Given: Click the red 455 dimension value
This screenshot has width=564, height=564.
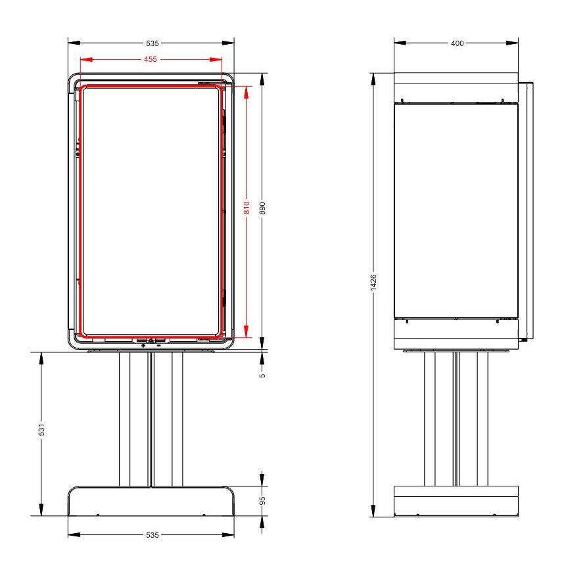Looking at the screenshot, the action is [x=151, y=59].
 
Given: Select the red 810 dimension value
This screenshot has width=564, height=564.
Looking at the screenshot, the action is [x=247, y=208].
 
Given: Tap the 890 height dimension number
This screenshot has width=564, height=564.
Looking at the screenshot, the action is [x=262, y=208].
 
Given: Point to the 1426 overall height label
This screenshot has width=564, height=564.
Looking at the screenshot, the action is [x=373, y=283].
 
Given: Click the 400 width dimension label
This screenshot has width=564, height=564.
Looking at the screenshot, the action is [x=457, y=43].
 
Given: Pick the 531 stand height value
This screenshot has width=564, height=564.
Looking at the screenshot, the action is [x=41, y=429].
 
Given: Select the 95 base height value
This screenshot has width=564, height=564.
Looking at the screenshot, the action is [x=262, y=500].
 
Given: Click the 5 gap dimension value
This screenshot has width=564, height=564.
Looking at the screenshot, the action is [x=262, y=375].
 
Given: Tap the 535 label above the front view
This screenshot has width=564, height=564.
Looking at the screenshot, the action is [x=152, y=43].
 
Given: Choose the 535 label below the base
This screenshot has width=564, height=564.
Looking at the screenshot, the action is [x=152, y=535].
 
